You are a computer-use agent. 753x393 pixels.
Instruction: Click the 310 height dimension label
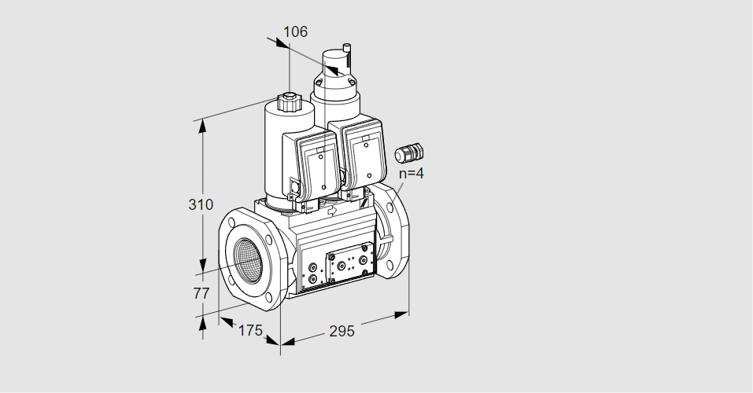[x=201, y=204]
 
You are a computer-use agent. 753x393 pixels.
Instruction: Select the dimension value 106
[x=295, y=31]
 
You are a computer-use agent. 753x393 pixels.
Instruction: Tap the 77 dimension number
[x=201, y=292]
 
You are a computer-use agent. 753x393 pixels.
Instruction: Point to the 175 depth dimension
[x=250, y=330]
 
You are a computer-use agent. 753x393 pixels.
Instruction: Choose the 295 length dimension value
[x=341, y=331]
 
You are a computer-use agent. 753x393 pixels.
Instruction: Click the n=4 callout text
[x=411, y=173]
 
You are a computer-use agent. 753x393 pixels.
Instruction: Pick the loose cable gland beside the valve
[x=408, y=152]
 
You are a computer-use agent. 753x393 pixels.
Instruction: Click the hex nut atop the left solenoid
[x=288, y=103]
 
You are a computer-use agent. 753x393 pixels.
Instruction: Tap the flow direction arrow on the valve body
[x=332, y=211]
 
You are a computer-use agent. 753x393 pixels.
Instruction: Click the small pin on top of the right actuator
[x=348, y=47]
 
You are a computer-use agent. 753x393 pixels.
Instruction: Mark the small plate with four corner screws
[x=347, y=263]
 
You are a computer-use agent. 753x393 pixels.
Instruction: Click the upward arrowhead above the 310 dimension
[x=203, y=127]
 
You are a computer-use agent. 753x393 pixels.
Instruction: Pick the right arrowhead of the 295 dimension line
[x=401, y=314]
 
